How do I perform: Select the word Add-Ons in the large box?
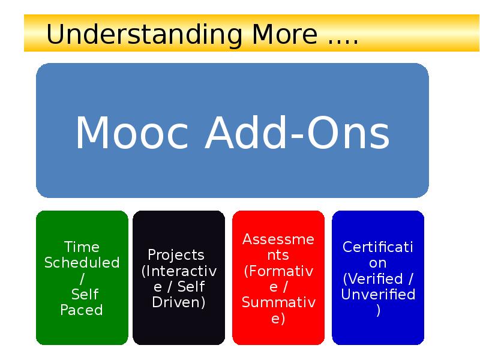tap(297, 133)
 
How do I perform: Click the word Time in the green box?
tap(82, 247)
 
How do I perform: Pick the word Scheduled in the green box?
tap(82, 263)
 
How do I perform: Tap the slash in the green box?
tap(82, 278)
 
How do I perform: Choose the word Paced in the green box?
tap(82, 310)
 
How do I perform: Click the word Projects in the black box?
tap(176, 255)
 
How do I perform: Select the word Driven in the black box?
tap(178, 302)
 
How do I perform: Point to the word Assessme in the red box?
tap(278, 239)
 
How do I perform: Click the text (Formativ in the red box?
tap(278, 271)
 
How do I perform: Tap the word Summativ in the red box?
tap(278, 302)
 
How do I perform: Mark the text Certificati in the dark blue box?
tap(377, 247)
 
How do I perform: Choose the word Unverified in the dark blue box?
tap(378, 295)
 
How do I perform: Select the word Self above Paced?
tap(85, 295)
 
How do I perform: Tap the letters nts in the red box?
tap(278, 256)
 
